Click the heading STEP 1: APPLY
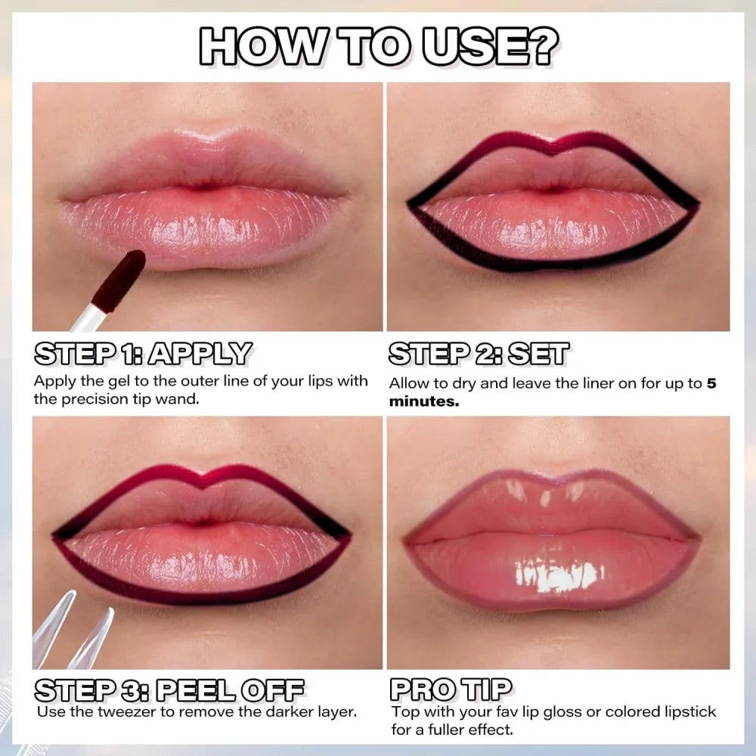click(x=143, y=354)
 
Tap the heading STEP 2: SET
click(x=479, y=354)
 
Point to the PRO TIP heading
click(x=451, y=689)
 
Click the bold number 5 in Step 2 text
click(x=711, y=383)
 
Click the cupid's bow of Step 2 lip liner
click(x=554, y=144)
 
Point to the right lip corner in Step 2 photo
click(x=694, y=204)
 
